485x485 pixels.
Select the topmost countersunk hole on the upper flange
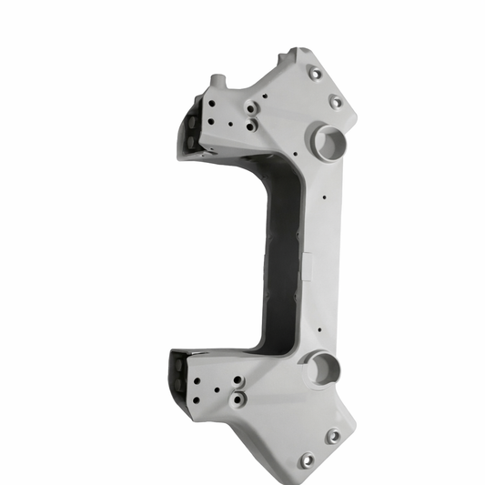tap(315, 73)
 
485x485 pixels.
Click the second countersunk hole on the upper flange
tap(336, 102)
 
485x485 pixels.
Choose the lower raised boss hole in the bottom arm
tap(241, 399)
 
